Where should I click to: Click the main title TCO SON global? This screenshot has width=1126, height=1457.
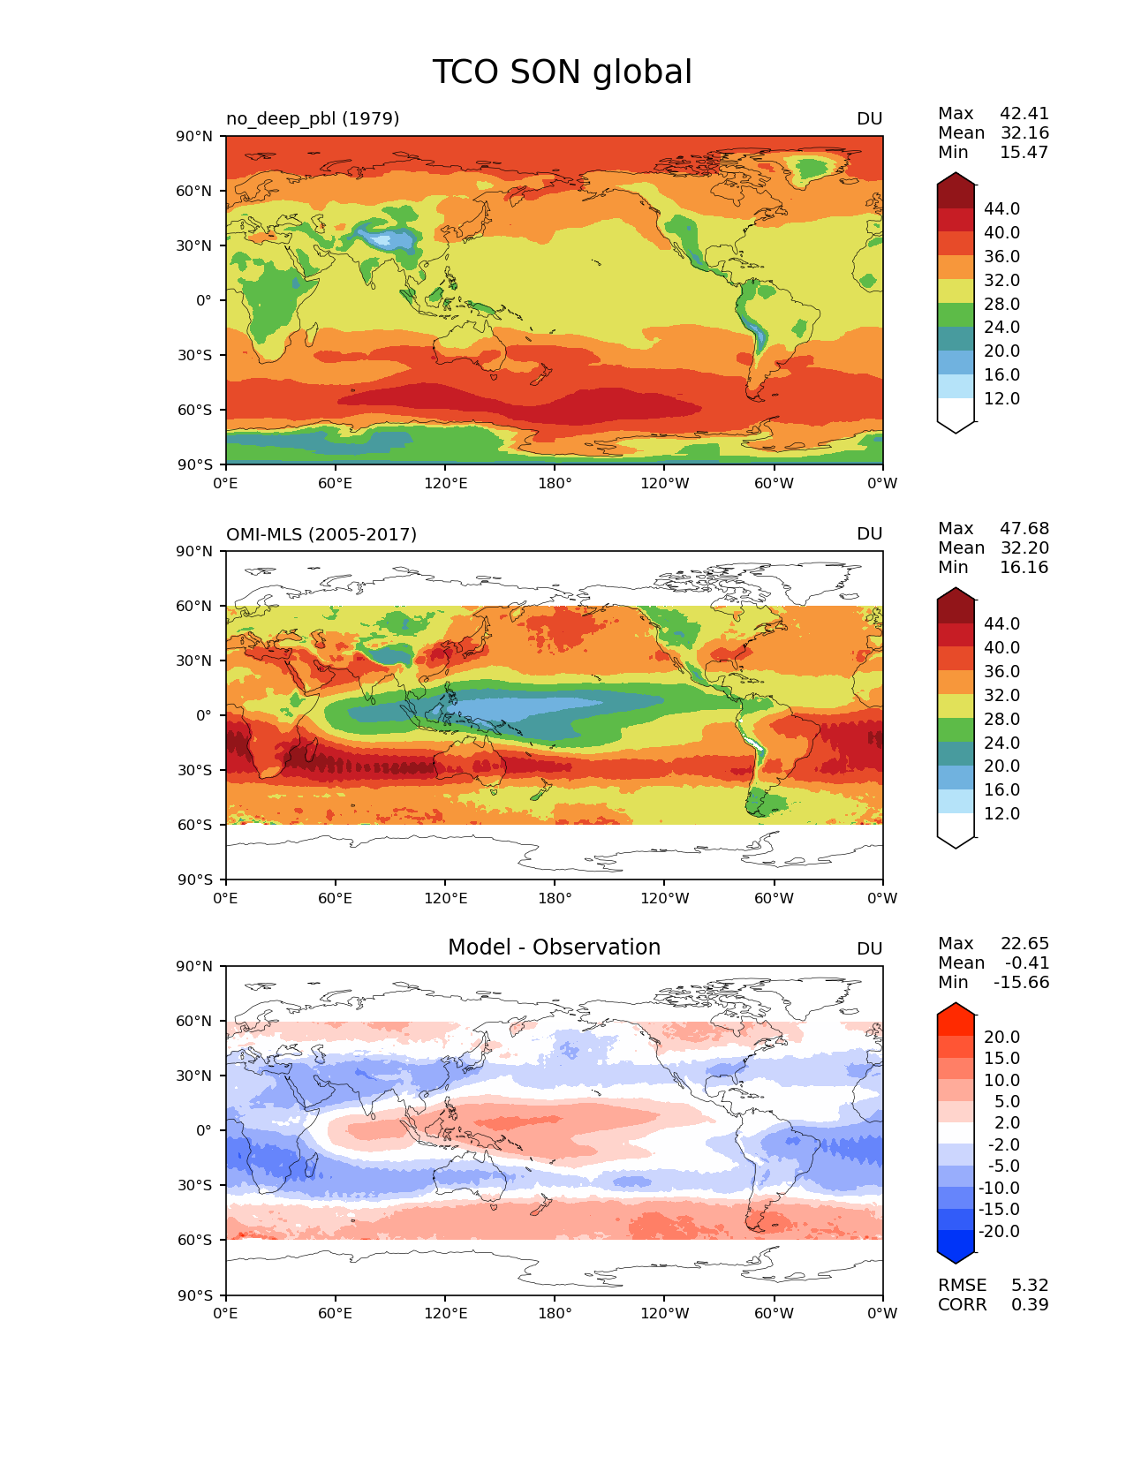coord(562,72)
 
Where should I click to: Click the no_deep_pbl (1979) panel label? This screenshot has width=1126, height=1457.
coord(313,118)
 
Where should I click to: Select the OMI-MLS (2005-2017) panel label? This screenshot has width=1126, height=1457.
coord(321,534)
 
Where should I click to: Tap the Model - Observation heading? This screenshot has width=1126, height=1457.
coord(554,947)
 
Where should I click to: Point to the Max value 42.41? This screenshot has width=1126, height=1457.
coord(1024,114)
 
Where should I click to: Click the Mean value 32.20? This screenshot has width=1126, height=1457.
coord(1024,548)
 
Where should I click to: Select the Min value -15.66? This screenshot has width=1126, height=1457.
coord(1022,983)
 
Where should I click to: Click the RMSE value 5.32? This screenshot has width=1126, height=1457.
coord(1030,1286)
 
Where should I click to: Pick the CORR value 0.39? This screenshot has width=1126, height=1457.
coord(1030,1305)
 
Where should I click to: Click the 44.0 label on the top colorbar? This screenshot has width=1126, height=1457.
coord(1001,209)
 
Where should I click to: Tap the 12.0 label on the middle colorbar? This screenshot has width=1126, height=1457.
coord(1001,814)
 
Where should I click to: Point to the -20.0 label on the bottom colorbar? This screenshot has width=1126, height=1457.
coord(999,1232)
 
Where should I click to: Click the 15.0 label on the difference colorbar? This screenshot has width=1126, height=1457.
coord(1001,1059)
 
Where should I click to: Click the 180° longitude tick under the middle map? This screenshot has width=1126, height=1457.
coord(555,899)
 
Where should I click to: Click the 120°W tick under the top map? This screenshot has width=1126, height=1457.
coord(665,484)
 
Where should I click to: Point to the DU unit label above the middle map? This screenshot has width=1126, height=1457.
coord(869,534)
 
